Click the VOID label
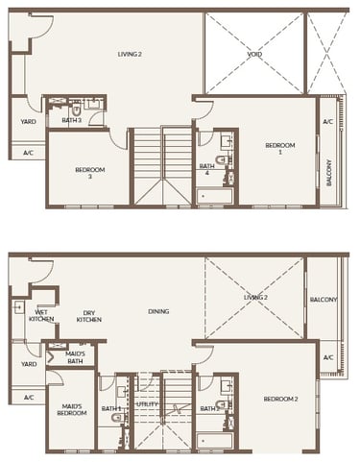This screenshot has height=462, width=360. click(254, 55)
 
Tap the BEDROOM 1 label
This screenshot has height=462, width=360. click(280, 148)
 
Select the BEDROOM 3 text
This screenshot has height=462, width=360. click(89, 174)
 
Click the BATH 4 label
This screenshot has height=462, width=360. click(206, 169)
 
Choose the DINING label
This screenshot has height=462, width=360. click(158, 312)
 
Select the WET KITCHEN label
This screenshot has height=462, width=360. click(40, 316)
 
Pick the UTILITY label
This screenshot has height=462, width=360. click(147, 406)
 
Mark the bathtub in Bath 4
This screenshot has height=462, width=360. click(215, 197)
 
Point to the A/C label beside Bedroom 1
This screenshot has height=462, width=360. click(327, 122)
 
